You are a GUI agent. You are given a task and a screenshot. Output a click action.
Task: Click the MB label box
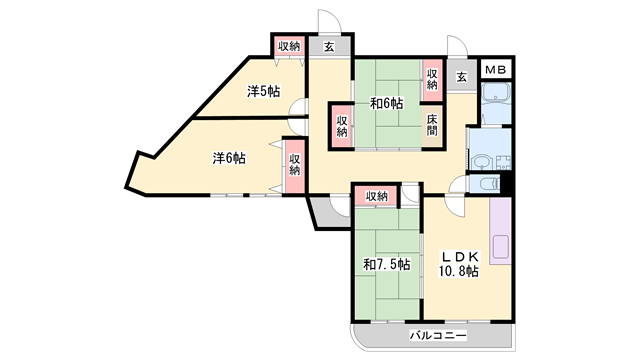point(496,70)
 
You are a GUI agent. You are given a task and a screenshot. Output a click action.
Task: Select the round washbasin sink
point(482,161)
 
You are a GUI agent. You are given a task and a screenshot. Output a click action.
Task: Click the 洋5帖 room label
point(264,92)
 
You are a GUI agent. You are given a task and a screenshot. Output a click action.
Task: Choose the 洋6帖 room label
point(229,158)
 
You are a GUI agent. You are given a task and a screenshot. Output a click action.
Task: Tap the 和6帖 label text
point(386,103)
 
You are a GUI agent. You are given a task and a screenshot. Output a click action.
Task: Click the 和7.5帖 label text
point(385,264)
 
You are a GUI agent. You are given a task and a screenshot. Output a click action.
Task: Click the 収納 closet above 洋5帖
point(289,45)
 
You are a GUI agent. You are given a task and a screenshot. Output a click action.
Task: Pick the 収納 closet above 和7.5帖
point(376,196)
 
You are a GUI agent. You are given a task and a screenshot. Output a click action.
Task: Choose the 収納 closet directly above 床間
point(432,79)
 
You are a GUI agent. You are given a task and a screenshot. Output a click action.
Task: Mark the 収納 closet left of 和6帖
point(341,125)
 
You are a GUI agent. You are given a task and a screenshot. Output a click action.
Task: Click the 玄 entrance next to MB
point(461,77)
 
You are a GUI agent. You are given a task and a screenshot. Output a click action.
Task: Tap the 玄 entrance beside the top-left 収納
point(328,46)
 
